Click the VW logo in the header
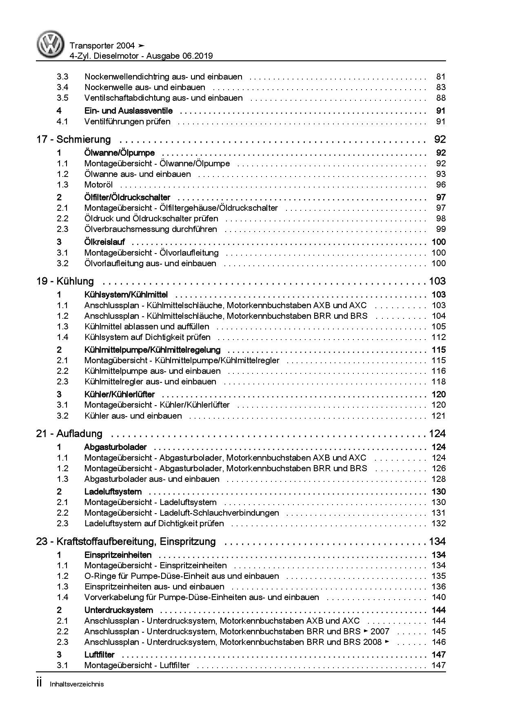[51, 45]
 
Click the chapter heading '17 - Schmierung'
[73, 139]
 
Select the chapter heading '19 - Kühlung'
[65, 281]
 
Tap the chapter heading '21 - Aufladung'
[69, 434]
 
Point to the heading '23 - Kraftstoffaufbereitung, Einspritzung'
[126, 542]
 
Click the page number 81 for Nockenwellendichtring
[441, 77]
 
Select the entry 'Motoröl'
[98, 185]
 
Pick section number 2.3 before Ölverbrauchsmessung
[62, 229]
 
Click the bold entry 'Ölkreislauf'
[104, 242]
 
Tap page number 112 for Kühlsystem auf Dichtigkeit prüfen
[438, 337]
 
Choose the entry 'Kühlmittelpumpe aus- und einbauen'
[153, 371]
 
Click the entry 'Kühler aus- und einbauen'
[133, 416]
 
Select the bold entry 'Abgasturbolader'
[115, 447]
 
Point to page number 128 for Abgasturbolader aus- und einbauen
[438, 479]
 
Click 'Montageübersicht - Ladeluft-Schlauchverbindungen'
[182, 513]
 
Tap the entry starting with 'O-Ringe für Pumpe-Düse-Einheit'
[182, 576]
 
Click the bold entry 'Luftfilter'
[99, 655]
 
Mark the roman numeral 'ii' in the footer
[39, 684]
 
